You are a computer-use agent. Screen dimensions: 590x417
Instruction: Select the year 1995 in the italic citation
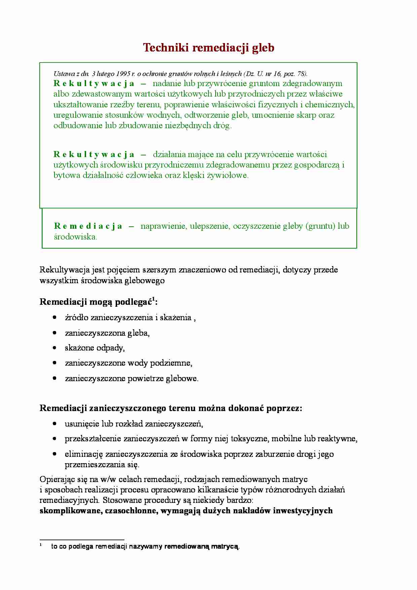tap(123, 74)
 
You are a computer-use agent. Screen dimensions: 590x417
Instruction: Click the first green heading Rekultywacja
tap(94, 83)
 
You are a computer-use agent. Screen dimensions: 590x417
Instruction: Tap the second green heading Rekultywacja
tap(94, 154)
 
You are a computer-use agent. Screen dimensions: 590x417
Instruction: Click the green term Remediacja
tap(88, 226)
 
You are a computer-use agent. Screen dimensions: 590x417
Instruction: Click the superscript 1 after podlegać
tap(153, 299)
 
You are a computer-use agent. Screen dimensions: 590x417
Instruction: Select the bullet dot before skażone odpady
tap(54, 347)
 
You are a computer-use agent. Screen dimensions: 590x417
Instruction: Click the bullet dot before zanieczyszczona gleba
tap(54, 333)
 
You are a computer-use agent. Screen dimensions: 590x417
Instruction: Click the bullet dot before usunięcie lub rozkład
tap(54, 423)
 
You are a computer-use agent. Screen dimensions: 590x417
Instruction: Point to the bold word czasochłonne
tap(131, 511)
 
